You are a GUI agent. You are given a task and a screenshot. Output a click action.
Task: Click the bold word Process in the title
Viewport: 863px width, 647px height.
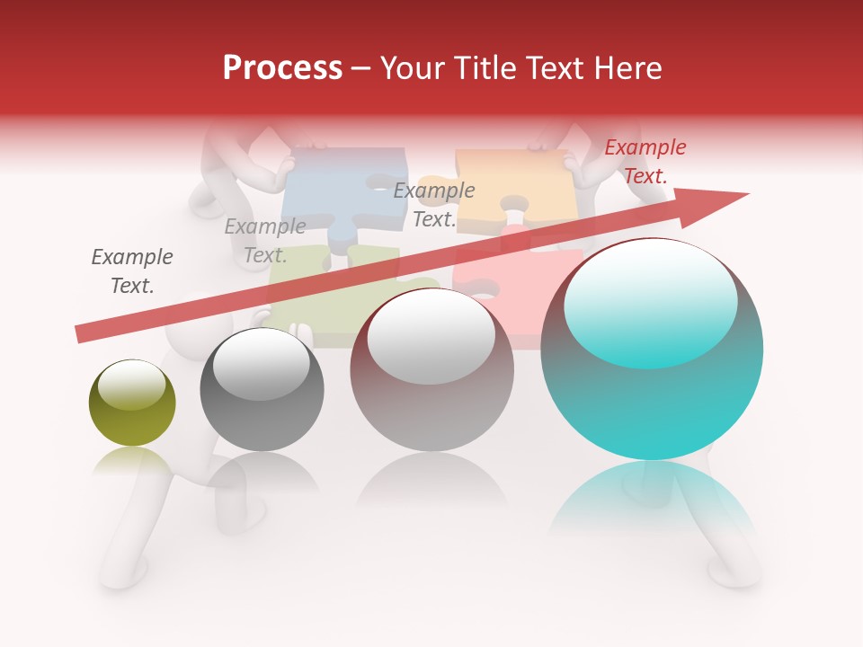[282, 68]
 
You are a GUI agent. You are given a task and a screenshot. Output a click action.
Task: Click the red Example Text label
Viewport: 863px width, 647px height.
[645, 162]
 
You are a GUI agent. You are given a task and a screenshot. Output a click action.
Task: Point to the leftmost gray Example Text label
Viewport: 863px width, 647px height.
[132, 271]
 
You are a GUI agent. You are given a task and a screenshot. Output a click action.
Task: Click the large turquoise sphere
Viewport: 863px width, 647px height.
[652, 395]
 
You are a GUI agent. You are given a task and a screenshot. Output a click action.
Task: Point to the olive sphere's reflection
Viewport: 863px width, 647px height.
[132, 463]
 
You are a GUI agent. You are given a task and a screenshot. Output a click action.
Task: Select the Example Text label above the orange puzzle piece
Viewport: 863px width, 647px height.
[434, 205]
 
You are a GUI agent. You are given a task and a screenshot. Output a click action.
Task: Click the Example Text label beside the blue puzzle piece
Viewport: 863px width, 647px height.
[264, 241]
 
